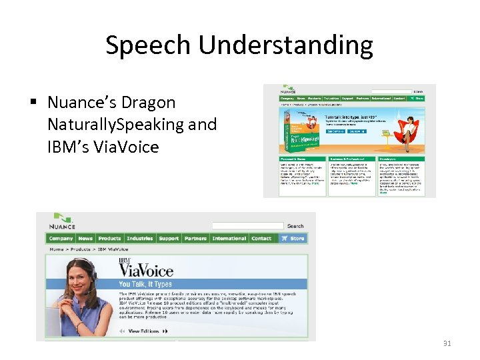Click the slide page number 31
point(447,343)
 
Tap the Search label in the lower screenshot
point(295,226)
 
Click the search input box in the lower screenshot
point(247,226)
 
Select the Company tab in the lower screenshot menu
point(61,238)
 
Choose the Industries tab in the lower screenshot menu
point(139,238)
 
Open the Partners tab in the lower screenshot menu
point(195,238)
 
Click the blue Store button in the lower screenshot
point(293,238)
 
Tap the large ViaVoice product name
point(145,269)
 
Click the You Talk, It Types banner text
point(145,284)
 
